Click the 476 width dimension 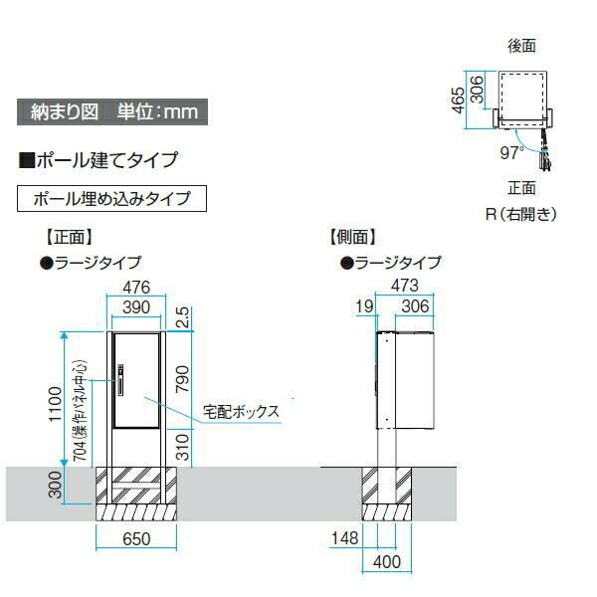point(135,288)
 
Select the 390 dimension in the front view point(135,307)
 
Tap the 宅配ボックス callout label point(241,409)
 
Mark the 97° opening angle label point(511,153)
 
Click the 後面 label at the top point(521,45)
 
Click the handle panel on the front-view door point(120,381)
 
